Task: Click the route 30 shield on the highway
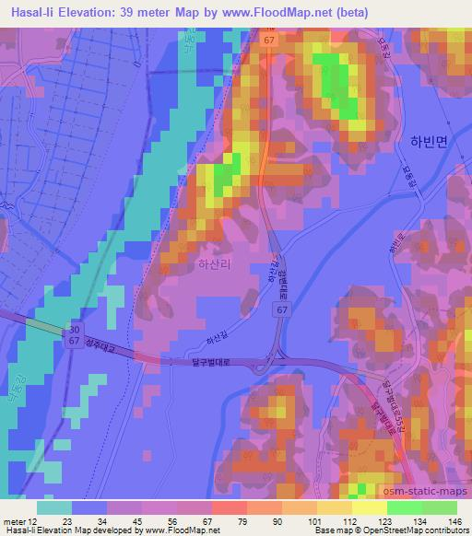72,330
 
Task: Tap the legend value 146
454,521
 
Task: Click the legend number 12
34,521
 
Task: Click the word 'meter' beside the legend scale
14,521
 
